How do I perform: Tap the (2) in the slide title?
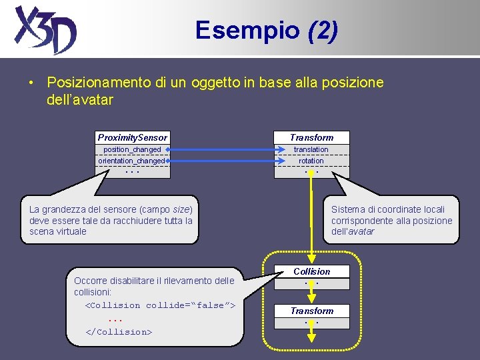[x=323, y=29]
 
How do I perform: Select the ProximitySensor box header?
[x=133, y=137]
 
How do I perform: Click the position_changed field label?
[x=132, y=149]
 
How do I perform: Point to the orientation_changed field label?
[x=131, y=161]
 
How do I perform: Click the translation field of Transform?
[x=311, y=149]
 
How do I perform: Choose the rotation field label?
[x=311, y=161]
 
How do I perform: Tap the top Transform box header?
[x=311, y=137]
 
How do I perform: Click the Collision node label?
[x=311, y=271]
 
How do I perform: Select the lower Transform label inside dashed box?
[x=311, y=311]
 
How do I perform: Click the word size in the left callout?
[x=180, y=209]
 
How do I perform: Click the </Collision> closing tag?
[x=119, y=331]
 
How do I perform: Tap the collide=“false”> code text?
[x=191, y=305]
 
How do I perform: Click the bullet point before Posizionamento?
[x=31, y=83]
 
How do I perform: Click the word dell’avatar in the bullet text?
[x=80, y=100]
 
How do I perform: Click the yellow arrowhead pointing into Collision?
[x=311, y=261]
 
